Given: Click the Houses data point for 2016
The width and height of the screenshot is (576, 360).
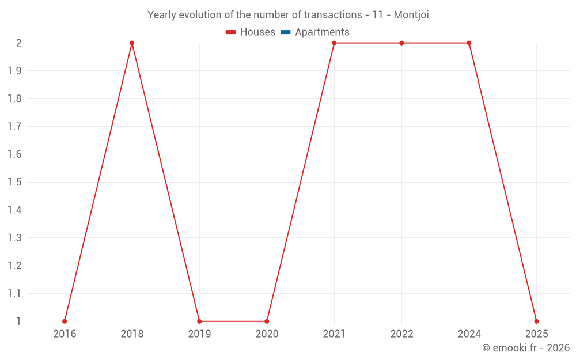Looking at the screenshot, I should click(65, 321).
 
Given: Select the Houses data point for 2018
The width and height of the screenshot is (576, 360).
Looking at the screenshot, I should click(132, 43).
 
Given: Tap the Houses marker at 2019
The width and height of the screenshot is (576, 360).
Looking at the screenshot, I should click(199, 321).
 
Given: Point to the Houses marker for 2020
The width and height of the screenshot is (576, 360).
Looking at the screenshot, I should click(267, 321).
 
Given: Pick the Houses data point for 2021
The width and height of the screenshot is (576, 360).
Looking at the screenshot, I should click(334, 43).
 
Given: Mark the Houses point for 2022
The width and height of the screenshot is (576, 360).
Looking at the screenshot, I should click(401, 43).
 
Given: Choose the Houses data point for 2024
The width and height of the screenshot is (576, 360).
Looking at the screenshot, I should click(469, 43).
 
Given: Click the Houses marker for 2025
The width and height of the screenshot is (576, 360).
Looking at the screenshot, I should click(536, 321).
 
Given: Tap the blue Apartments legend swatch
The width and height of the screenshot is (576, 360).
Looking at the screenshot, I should click(286, 32).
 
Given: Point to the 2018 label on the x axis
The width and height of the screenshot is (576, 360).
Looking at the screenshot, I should click(132, 334).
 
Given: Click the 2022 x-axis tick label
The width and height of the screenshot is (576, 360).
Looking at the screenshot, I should click(401, 334).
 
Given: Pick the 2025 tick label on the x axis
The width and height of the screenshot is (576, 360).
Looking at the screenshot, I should click(536, 334).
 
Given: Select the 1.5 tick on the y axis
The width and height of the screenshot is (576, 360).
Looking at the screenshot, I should click(14, 182).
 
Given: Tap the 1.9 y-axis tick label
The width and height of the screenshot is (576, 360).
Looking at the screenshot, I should click(14, 71).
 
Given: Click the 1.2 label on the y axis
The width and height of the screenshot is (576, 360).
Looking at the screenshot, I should click(14, 266).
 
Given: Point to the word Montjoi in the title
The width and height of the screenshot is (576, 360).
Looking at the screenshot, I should click(411, 15).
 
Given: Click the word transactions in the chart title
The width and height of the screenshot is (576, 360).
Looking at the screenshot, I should click(332, 15).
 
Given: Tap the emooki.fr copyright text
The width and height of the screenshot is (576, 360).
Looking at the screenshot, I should click(526, 348).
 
